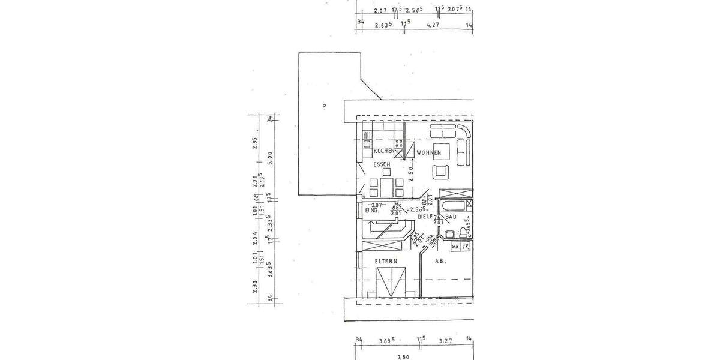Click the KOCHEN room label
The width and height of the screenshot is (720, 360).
[383, 151]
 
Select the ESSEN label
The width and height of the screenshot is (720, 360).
[382, 164]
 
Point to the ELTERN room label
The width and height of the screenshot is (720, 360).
[386, 262]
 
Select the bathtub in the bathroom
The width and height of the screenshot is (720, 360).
[456, 206]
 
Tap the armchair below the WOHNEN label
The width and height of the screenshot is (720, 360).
[441, 172]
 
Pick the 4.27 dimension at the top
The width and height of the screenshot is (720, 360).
[434, 26]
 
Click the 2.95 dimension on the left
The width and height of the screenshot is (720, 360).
[254, 142]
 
